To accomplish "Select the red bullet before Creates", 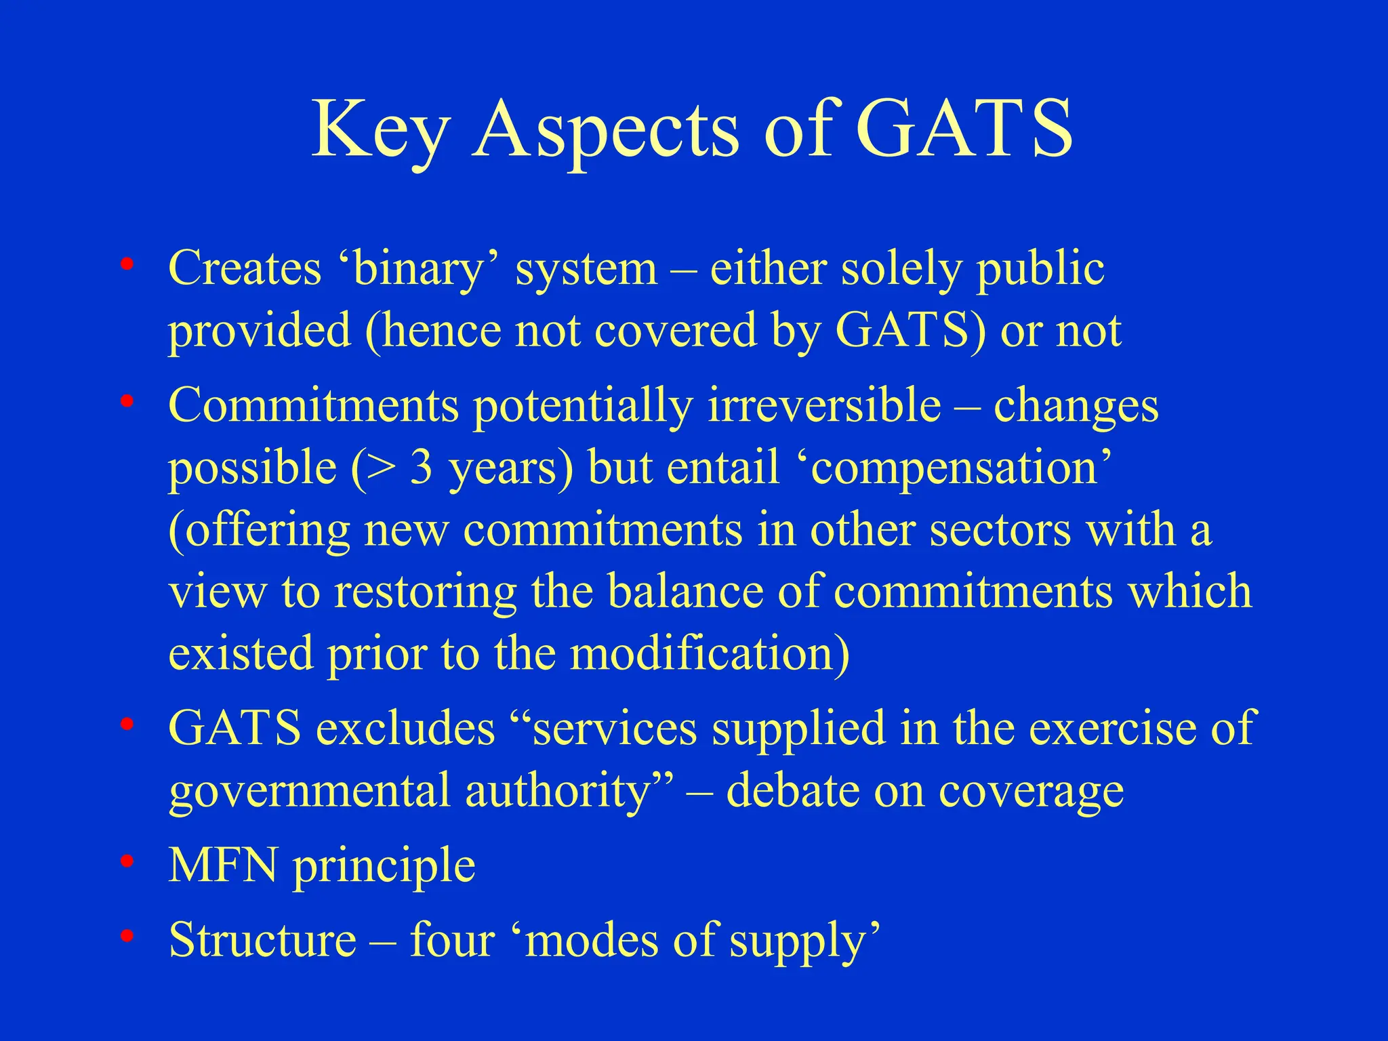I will point(126,265).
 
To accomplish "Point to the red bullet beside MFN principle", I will point(126,862).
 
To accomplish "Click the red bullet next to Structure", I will point(126,937).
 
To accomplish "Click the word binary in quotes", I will point(417,269).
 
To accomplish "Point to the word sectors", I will point(1000,530).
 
